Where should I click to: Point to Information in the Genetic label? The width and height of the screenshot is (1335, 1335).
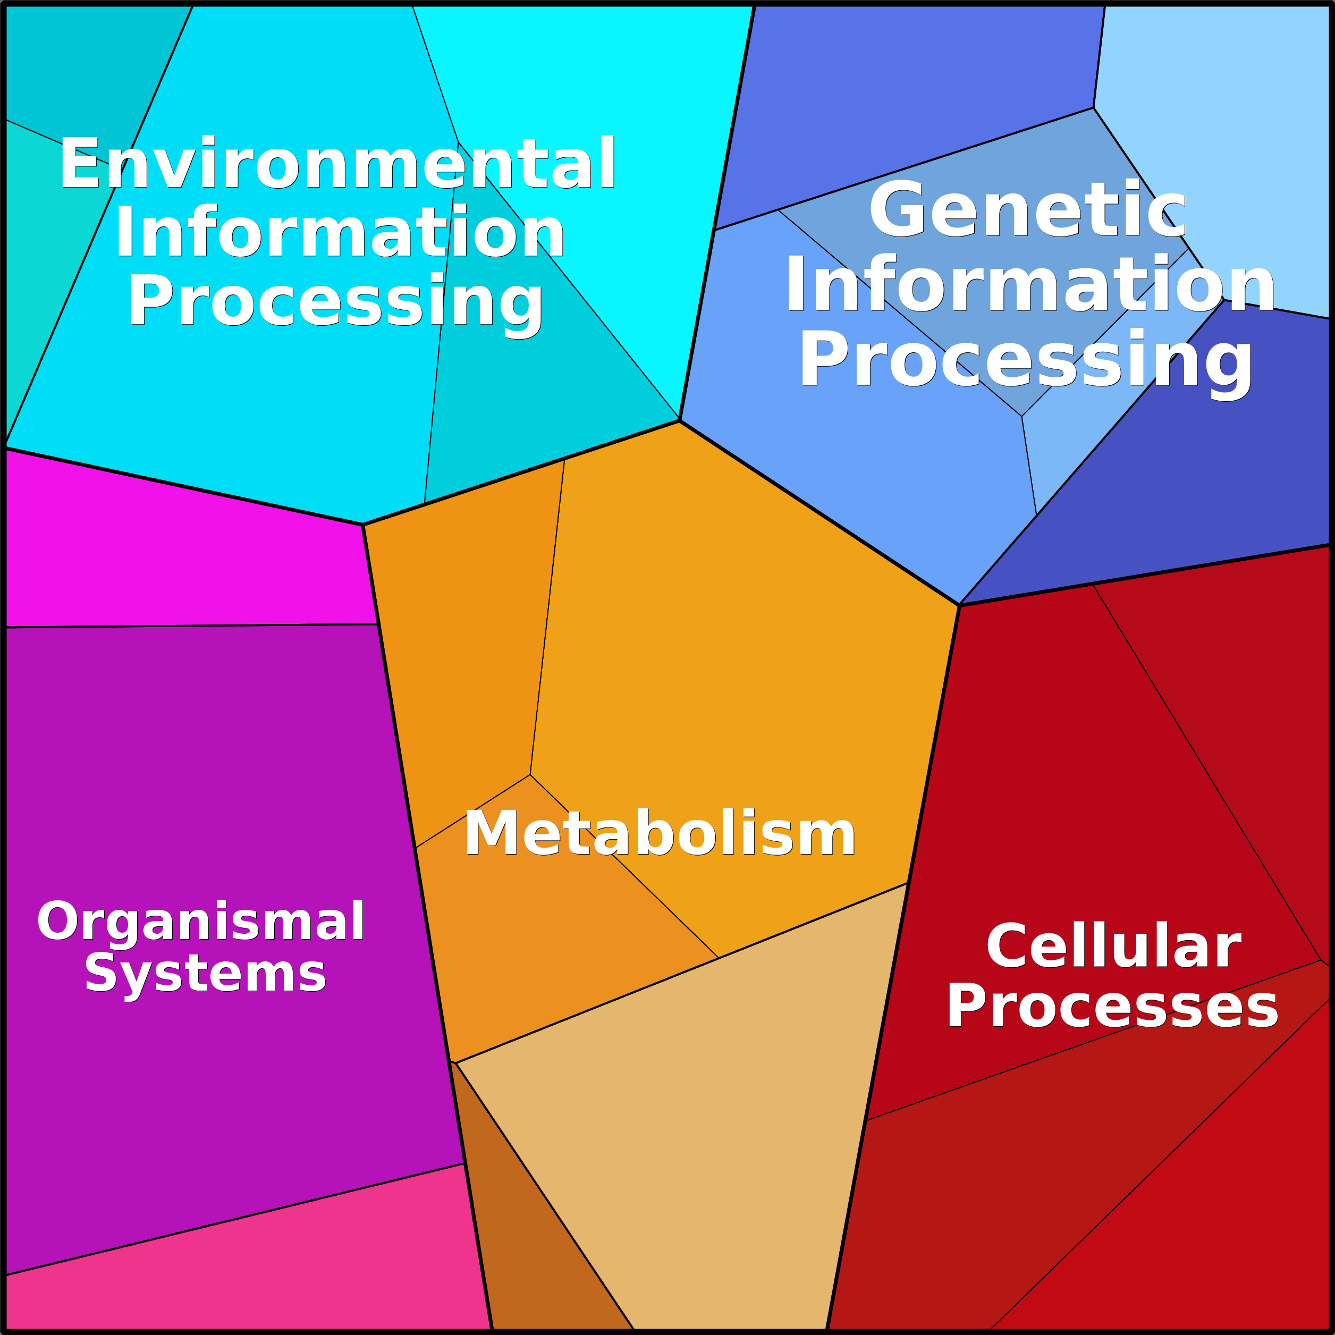point(1029,283)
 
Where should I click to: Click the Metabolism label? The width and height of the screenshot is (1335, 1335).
point(660,833)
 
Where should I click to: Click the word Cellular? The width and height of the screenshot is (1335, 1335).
point(1114,946)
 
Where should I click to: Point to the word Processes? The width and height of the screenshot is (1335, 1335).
point(1112,1006)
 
